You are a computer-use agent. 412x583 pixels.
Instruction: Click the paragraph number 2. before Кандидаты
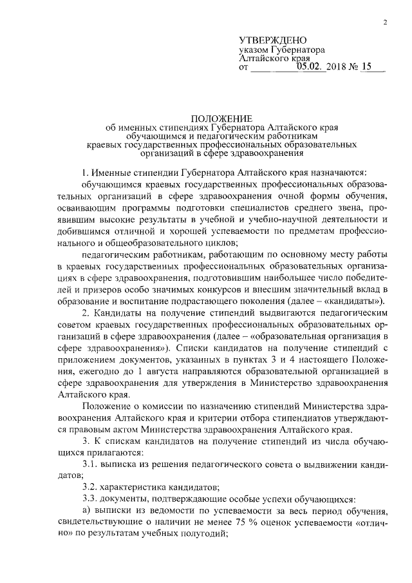87,312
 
